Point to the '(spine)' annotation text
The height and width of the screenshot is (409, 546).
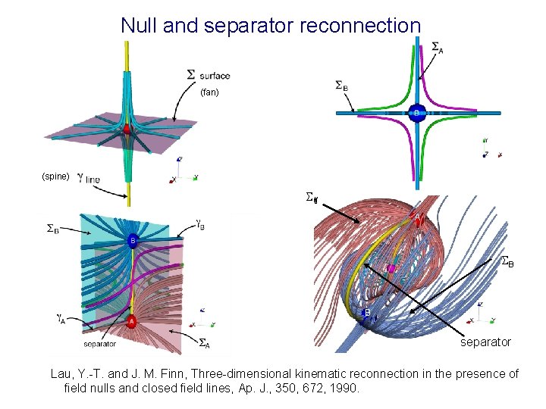(x=55, y=176)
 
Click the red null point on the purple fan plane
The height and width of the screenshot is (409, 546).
(x=127, y=130)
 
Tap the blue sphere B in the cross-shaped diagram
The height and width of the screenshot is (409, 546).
(x=416, y=113)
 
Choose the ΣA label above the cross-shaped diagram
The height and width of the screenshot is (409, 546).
(x=438, y=48)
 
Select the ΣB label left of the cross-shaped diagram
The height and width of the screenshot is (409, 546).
(x=342, y=86)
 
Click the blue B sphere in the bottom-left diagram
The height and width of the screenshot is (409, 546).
(x=133, y=242)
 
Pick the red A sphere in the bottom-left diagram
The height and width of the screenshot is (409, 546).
(x=131, y=320)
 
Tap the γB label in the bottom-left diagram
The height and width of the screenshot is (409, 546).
(x=201, y=224)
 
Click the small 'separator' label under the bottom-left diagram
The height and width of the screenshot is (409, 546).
(x=99, y=343)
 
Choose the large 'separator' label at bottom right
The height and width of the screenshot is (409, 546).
(x=486, y=342)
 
